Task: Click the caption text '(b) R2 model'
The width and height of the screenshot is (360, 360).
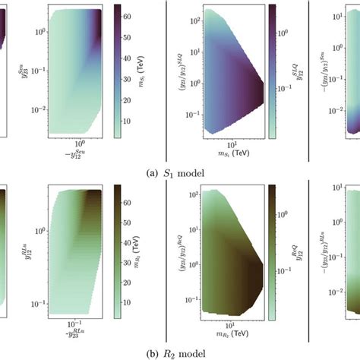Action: point(179,352)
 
